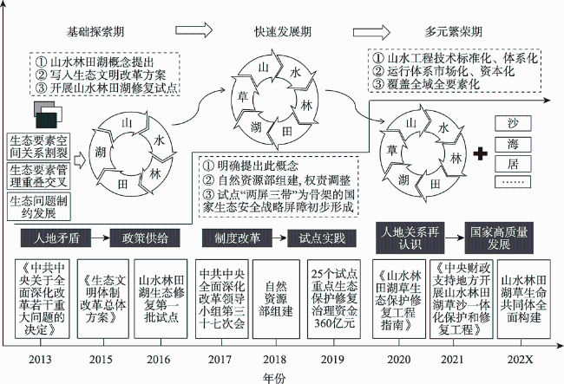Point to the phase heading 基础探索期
(95, 32)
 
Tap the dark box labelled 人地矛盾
(58, 237)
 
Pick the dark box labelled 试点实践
(323, 237)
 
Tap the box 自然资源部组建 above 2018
(275, 297)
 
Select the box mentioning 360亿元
(332, 297)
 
